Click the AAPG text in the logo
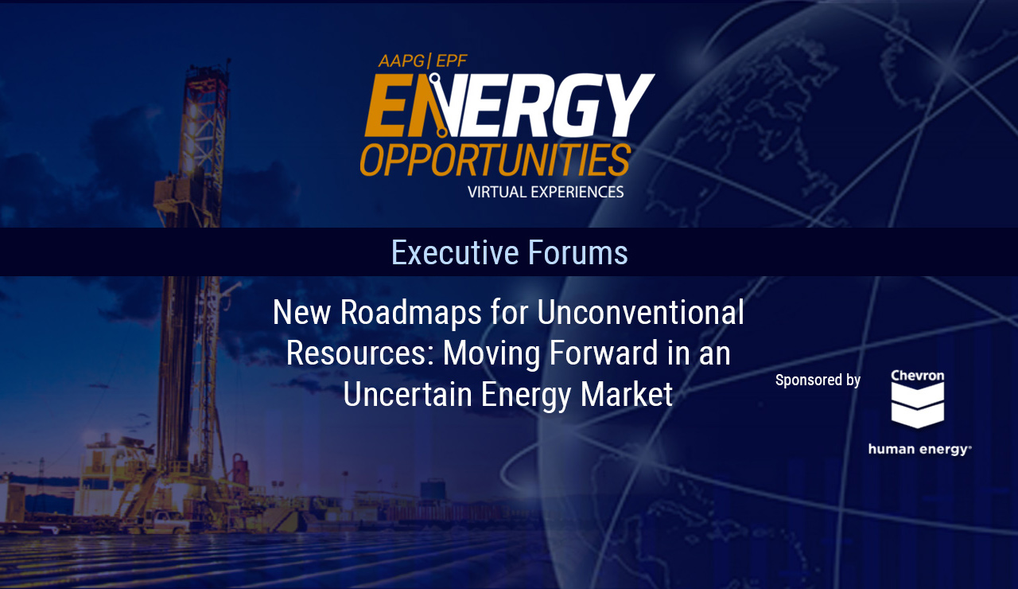(402, 61)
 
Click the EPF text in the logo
(451, 61)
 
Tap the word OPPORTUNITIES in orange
(495, 159)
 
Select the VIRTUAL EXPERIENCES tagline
(546, 192)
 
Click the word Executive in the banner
(454, 252)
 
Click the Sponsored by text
(818, 380)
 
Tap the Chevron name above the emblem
(918, 376)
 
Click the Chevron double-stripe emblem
(918, 405)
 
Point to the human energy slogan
(919, 450)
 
